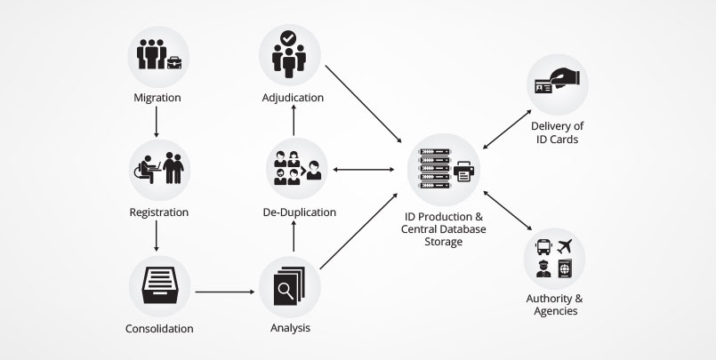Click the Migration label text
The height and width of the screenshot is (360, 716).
click(x=157, y=96)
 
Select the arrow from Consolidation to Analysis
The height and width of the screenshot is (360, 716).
click(x=227, y=291)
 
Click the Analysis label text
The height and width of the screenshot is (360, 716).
click(x=290, y=329)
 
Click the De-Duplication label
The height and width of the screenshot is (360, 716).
click(x=299, y=212)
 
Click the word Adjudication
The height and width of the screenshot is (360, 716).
click(x=293, y=97)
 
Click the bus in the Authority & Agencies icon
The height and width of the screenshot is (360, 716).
click(x=542, y=246)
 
